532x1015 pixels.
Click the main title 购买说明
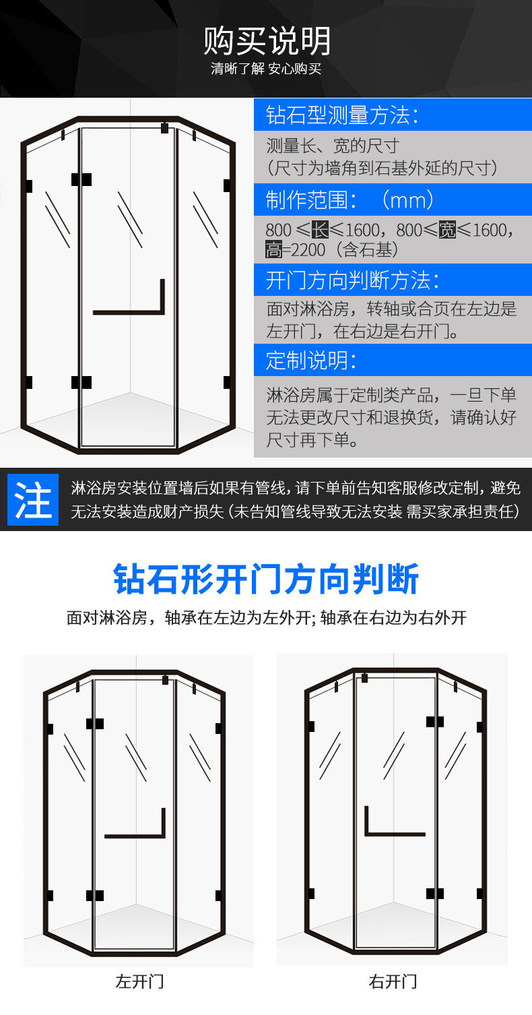[x=267, y=41]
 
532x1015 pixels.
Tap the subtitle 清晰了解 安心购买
[x=266, y=69]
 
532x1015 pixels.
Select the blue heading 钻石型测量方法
[x=342, y=115]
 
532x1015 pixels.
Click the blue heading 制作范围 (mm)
[x=350, y=199]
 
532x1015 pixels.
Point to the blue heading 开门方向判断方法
[x=352, y=280]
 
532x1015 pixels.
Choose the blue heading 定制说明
[x=311, y=361]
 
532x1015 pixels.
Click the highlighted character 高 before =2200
[x=273, y=249]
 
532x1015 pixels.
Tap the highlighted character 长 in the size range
[x=320, y=230]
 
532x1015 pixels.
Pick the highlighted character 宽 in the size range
[x=447, y=230]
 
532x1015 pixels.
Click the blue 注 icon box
[x=33, y=499]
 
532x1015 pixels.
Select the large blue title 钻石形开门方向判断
[x=266, y=579]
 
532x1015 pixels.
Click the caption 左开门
[x=139, y=981]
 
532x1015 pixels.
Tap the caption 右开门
[x=393, y=981]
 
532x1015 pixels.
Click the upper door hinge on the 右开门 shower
[x=434, y=722]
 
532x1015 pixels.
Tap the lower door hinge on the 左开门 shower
[x=95, y=896]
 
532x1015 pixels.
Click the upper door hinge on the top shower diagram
[x=81, y=180]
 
